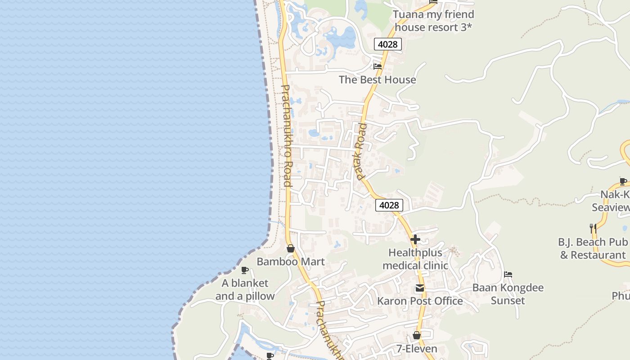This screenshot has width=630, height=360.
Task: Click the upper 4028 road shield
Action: [x=387, y=44]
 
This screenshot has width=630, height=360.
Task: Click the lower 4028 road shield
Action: [x=389, y=205]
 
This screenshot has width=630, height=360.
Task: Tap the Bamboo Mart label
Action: [x=291, y=261]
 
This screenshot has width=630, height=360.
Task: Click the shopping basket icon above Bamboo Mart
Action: [x=291, y=248]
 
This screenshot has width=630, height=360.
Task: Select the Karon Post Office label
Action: [x=420, y=301]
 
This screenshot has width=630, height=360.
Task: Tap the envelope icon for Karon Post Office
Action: [x=420, y=288]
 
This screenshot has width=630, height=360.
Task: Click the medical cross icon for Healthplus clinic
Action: [x=415, y=239]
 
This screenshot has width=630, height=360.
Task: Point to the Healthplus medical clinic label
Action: [x=415, y=259]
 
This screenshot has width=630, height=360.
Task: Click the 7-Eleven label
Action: [x=417, y=349]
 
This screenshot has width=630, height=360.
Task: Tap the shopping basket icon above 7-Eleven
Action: [x=417, y=336]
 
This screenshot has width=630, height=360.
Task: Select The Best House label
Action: [x=377, y=80]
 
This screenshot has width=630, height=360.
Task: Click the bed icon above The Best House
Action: [x=378, y=67]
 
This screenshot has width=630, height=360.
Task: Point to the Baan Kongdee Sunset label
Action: [x=508, y=294]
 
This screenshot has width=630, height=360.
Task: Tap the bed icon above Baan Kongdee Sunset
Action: [x=508, y=274]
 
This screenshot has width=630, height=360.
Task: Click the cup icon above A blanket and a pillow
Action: [x=245, y=270]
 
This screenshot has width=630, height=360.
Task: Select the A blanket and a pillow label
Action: [x=245, y=289]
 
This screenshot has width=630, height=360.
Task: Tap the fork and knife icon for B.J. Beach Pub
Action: [x=593, y=229]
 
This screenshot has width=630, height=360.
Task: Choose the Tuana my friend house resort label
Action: [x=433, y=21]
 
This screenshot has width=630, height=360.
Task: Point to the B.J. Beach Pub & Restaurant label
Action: [x=593, y=248]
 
